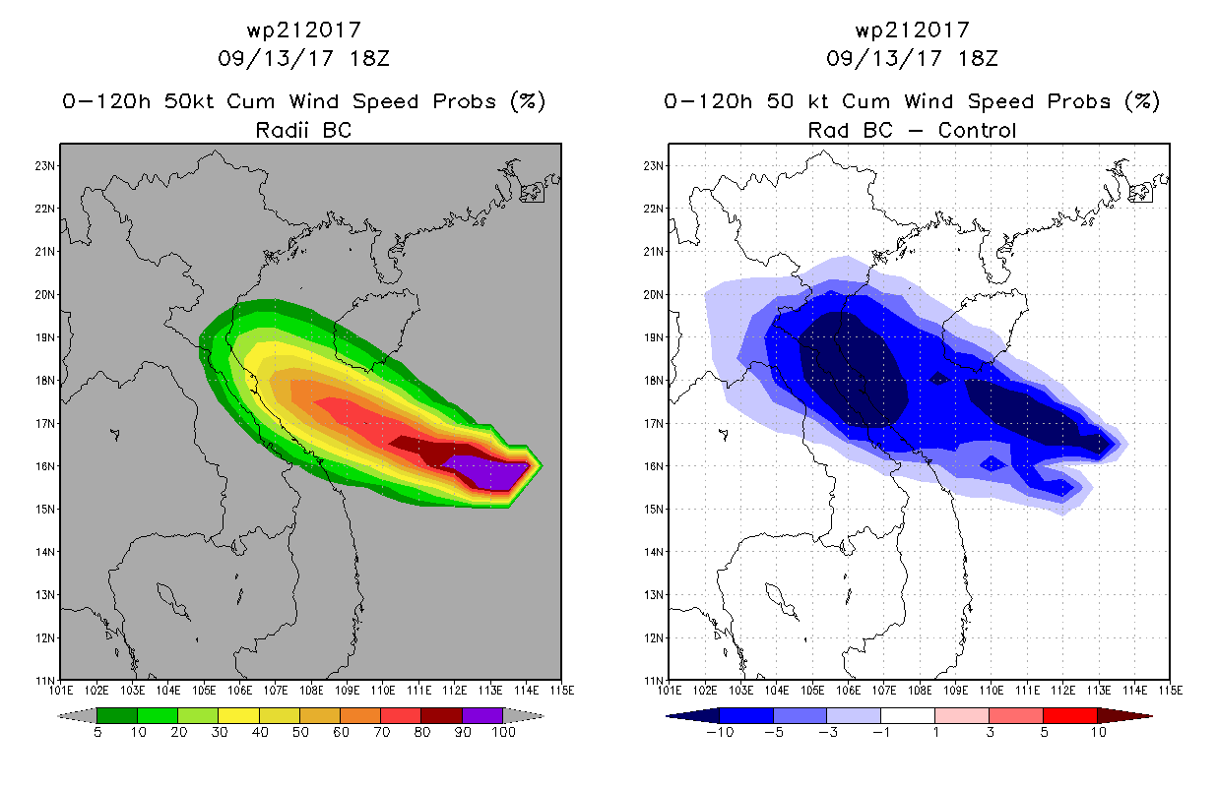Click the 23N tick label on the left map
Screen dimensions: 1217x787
[x=45, y=165]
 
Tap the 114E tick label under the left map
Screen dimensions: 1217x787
[x=526, y=691]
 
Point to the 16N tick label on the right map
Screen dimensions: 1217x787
[x=654, y=466]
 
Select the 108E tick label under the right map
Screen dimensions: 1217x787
[x=920, y=691]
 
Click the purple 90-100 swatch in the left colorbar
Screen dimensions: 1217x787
[x=483, y=715]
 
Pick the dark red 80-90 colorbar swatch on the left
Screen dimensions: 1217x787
[x=442, y=715]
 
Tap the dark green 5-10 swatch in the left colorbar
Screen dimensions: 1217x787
[x=117, y=715]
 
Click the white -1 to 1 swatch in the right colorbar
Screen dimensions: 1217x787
[x=908, y=715]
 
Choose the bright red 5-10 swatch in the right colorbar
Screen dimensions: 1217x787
[x=1070, y=715]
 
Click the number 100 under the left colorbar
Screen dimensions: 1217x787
[x=504, y=732]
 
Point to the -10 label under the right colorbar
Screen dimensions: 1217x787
[x=720, y=732]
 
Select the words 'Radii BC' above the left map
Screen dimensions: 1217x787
[x=303, y=130]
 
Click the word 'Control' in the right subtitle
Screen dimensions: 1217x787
[x=977, y=130]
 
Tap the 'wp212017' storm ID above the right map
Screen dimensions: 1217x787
[x=912, y=30]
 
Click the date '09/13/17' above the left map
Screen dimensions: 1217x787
[x=276, y=58]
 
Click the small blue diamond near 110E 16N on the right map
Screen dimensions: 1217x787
[x=993, y=463]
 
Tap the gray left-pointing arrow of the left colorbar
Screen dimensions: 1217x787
[x=77, y=716]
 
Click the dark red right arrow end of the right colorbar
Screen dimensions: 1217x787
[x=1124, y=716]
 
